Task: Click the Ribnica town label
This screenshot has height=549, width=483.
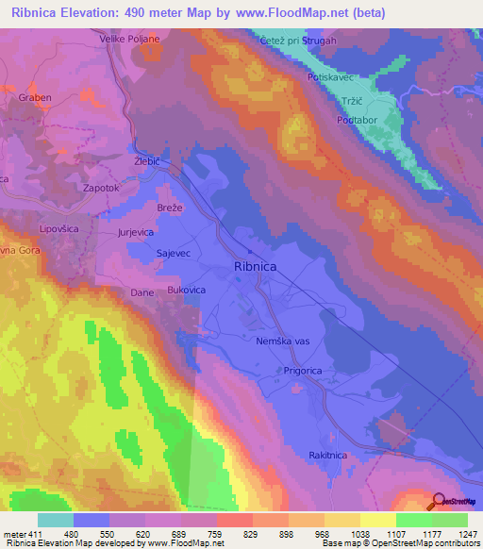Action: click(255, 268)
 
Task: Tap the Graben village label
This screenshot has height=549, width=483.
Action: click(35, 96)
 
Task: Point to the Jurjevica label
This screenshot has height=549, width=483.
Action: click(136, 231)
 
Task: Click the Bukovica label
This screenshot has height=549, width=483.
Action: click(187, 291)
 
